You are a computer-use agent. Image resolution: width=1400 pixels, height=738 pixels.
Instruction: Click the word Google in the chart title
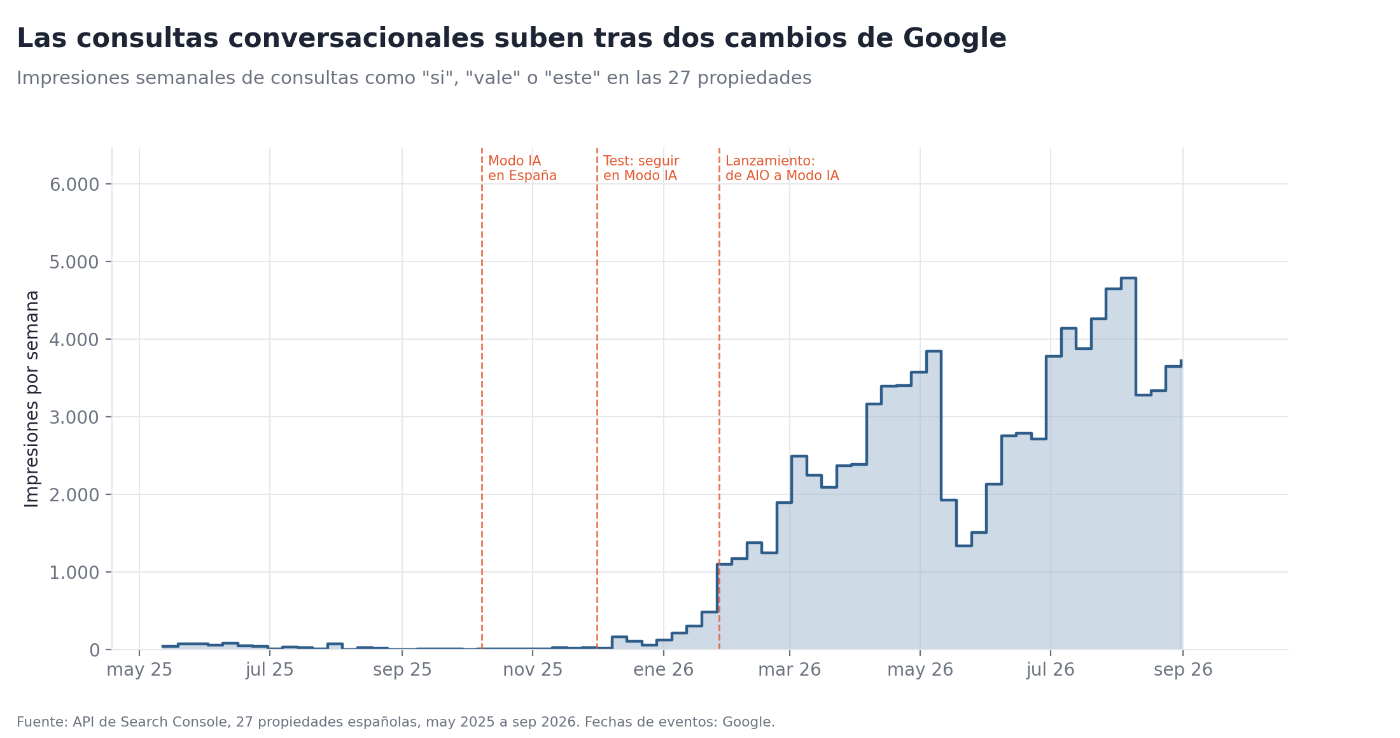click(x=955, y=39)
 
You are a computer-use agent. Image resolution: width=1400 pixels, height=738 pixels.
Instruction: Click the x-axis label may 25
click(x=139, y=670)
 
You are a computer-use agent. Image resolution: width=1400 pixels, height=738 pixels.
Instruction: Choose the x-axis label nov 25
click(x=533, y=670)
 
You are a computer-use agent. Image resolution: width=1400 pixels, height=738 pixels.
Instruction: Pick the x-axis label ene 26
click(x=663, y=670)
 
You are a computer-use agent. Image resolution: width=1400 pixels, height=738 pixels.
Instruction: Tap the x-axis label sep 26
click(x=1183, y=670)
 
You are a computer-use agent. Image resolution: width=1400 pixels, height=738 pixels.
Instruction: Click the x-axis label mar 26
click(x=789, y=670)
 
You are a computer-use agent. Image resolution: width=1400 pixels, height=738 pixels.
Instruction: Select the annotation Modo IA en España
click(x=522, y=169)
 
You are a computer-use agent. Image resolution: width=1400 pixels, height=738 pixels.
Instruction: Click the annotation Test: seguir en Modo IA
click(x=641, y=169)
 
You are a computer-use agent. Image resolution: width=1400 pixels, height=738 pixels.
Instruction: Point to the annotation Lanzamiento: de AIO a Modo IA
click(x=782, y=169)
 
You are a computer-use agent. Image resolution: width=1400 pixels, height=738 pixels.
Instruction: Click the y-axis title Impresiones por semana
click(x=32, y=399)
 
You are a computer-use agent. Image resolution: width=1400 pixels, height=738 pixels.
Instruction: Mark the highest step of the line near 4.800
click(x=1128, y=278)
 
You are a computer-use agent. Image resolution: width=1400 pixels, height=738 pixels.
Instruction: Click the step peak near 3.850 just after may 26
click(x=934, y=351)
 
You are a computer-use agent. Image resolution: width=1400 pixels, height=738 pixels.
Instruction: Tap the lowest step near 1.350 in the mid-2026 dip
click(x=963, y=546)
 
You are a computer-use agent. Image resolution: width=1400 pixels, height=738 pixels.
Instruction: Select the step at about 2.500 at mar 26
click(x=799, y=456)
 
